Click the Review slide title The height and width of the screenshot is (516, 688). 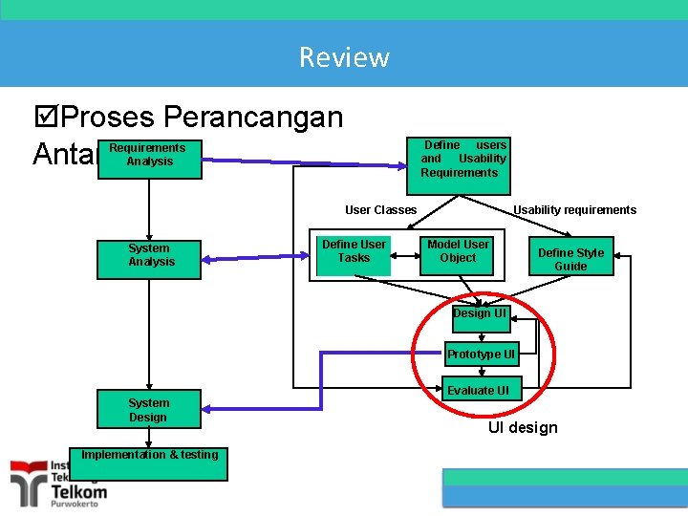click(x=344, y=57)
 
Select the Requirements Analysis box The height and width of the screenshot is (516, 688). click(x=149, y=156)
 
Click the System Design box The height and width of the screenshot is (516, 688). click(x=148, y=410)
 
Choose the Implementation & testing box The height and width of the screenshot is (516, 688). click(x=149, y=463)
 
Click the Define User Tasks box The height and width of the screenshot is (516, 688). click(x=354, y=251)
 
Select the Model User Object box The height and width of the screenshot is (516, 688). click(x=458, y=251)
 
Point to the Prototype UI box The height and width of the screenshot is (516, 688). click(x=481, y=355)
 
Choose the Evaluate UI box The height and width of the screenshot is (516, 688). click(x=484, y=390)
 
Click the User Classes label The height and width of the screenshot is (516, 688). click(x=380, y=210)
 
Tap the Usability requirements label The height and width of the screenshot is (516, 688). click(x=574, y=210)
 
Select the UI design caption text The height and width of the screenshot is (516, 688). click(x=523, y=428)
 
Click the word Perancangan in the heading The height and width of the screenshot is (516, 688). click(x=253, y=118)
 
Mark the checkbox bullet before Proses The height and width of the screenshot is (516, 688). click(x=44, y=118)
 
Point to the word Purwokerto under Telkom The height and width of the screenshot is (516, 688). click(x=79, y=505)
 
